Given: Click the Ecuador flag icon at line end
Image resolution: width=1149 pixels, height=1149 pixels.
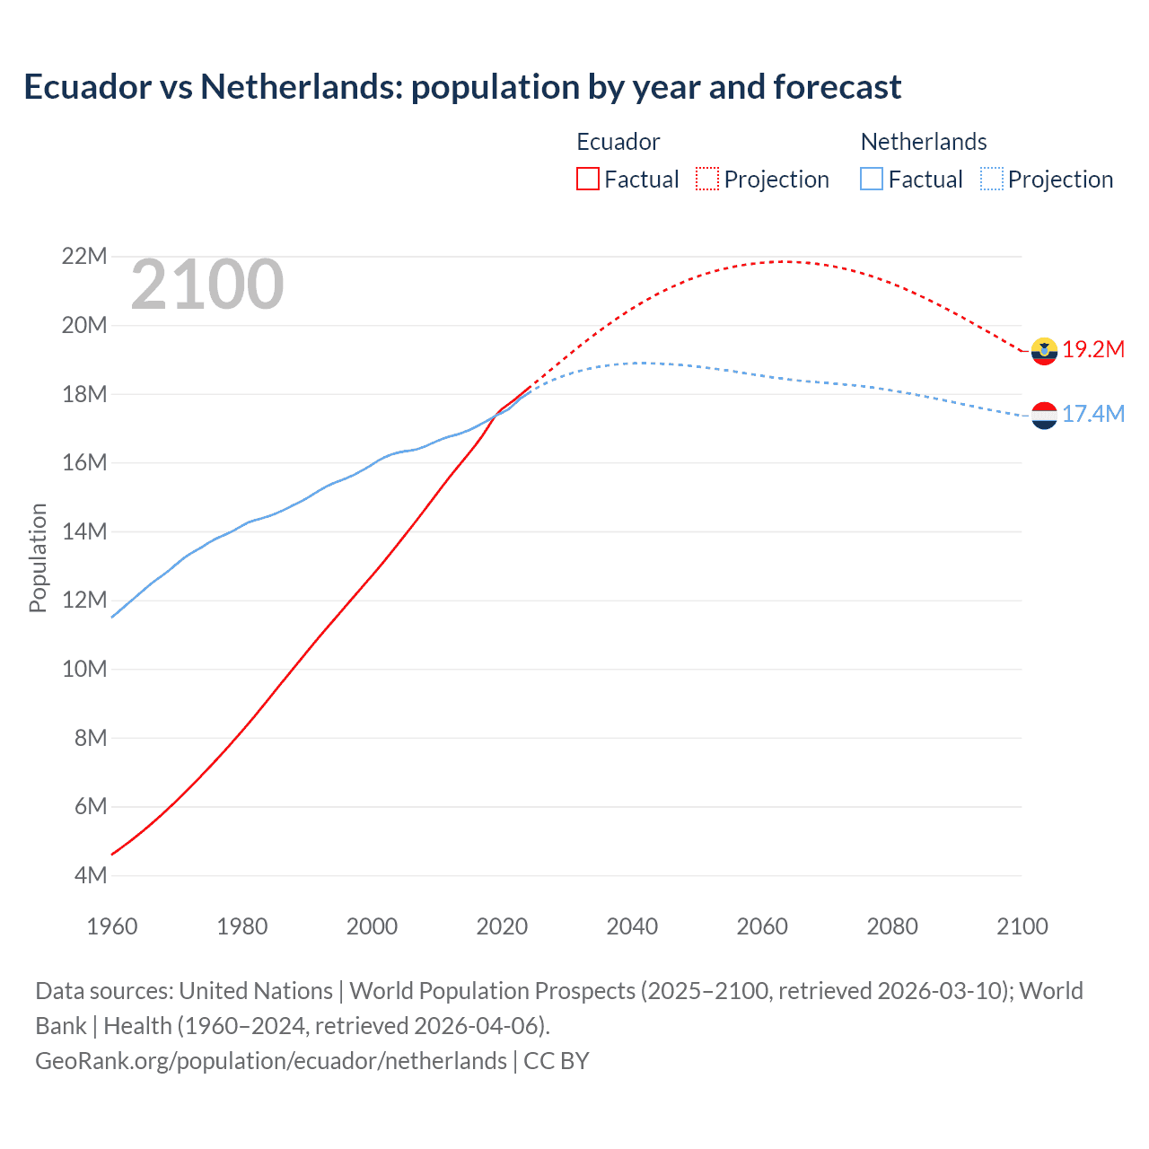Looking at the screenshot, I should tap(1044, 351).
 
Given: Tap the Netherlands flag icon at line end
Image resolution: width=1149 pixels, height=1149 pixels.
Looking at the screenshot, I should tap(1044, 416).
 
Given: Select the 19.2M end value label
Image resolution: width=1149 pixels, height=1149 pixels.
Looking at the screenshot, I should tap(1093, 350).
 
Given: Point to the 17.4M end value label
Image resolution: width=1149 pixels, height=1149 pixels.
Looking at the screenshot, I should tap(1093, 414).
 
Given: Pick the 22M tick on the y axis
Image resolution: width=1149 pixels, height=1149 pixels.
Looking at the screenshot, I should tap(84, 257).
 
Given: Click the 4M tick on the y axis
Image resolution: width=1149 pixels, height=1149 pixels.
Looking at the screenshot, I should tap(90, 875).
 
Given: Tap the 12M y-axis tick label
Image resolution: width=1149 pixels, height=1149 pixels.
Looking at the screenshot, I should tap(84, 600).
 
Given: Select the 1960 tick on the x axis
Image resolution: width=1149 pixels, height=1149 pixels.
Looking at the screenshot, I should tap(112, 926).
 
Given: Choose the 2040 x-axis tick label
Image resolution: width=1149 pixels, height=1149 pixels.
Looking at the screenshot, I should tap(632, 926).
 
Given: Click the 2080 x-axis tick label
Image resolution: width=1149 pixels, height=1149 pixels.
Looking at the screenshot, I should tap(892, 926).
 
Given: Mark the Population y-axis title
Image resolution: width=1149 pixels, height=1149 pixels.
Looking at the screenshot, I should tap(38, 557).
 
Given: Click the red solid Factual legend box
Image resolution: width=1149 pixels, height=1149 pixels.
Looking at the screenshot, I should tap(588, 180).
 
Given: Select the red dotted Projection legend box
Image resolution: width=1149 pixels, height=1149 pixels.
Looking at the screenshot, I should tap(707, 180).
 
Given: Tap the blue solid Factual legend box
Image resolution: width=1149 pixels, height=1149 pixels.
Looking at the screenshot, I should tap(872, 180).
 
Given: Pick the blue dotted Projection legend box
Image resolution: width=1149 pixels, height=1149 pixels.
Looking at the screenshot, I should tap(991, 180).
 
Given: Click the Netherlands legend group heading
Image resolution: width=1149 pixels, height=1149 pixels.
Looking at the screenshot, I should tap(924, 142).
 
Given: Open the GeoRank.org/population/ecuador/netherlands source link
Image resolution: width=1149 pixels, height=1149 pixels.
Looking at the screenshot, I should tap(271, 1061).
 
